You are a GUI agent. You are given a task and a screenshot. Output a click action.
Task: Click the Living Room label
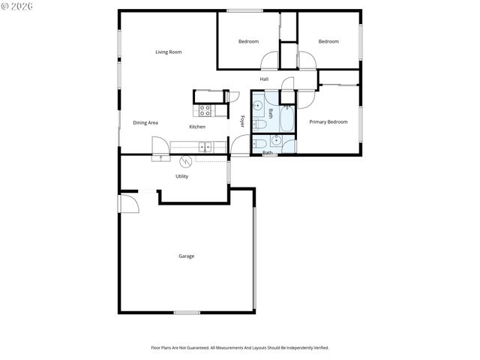pos(169,52)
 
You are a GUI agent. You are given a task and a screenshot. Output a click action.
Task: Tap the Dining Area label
pos(145,123)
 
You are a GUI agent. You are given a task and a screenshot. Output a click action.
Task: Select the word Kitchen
pos(197,127)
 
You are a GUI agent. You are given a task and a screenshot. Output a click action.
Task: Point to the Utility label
pos(181,176)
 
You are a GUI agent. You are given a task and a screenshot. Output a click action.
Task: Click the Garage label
pos(186,256)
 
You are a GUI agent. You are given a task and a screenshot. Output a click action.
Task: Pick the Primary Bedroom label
pos(328,121)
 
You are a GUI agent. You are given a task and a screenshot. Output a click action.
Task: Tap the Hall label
pos(264,79)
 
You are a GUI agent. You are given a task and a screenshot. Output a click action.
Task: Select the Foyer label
pos(242,121)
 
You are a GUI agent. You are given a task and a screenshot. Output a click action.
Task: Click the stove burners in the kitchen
pos(205,110)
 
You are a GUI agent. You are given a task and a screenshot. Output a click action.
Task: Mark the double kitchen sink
pos(205,146)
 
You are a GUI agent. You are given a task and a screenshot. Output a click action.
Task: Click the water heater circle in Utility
pos(187,160)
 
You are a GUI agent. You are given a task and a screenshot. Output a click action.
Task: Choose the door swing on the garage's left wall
pos(127,202)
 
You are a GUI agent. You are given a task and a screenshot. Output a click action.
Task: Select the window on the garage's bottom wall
pos(187,312)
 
